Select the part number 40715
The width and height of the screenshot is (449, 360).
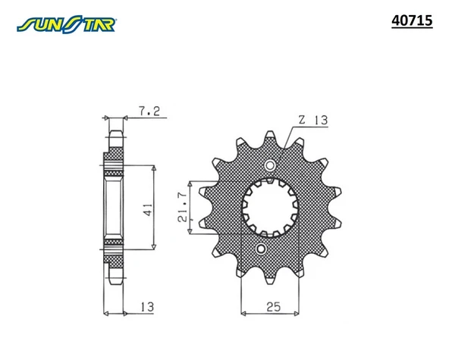coord(411,22)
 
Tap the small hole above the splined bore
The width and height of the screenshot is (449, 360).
coord(269,166)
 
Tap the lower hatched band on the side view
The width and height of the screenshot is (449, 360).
coord(113,247)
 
